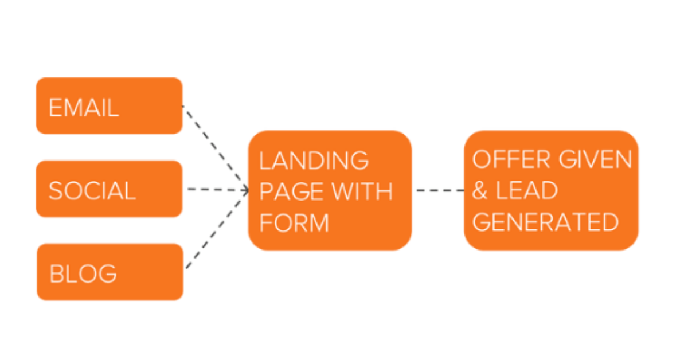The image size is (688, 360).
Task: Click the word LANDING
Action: (x=314, y=161)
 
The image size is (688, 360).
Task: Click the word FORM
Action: (x=294, y=222)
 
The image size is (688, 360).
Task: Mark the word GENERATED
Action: (x=545, y=222)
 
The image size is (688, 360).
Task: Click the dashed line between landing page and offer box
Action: (x=439, y=190)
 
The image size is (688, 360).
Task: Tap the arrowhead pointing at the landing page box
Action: (x=245, y=190)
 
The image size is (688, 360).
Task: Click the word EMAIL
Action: (x=84, y=108)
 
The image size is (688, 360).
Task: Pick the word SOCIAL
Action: (x=92, y=191)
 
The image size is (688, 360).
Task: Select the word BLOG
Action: (x=84, y=274)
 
